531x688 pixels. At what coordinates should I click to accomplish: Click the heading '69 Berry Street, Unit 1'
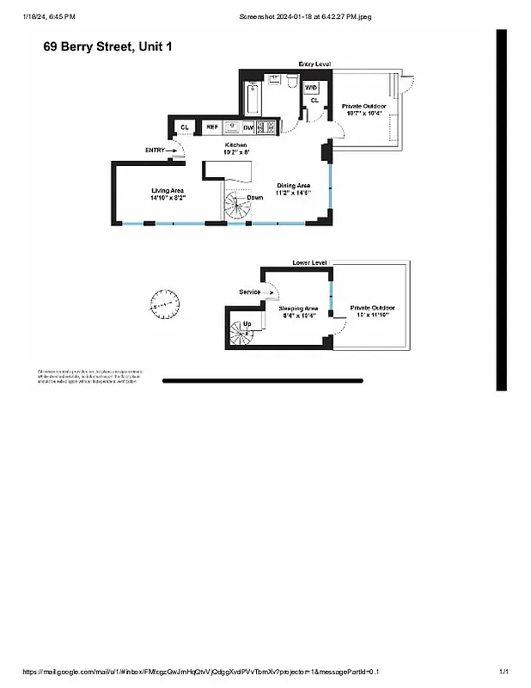[107, 46]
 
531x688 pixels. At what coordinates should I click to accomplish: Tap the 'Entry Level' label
[314, 64]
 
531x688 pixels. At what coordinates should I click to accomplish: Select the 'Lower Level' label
[309, 261]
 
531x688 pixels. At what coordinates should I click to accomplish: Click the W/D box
[311, 88]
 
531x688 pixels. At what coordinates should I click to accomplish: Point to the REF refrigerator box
[211, 127]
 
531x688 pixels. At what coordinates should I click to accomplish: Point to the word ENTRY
[156, 150]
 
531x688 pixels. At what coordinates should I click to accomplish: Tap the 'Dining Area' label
[293, 185]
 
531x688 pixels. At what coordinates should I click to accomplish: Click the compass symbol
[164, 303]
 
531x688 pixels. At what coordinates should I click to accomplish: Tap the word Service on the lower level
[249, 292]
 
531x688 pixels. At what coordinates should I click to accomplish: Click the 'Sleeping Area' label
[298, 307]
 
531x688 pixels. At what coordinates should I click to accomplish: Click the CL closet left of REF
[183, 127]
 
